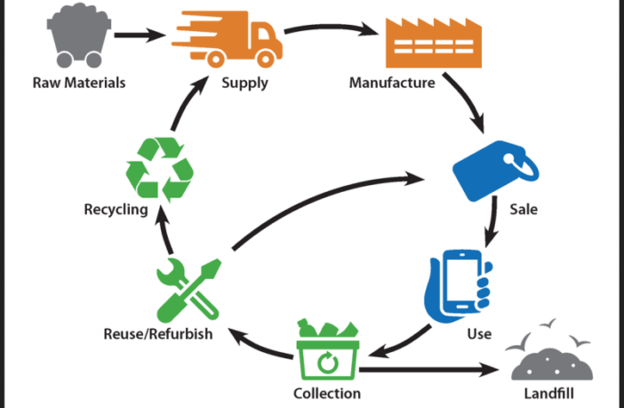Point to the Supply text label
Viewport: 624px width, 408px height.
pyautogui.click(x=244, y=84)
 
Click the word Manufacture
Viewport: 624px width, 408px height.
pyautogui.click(x=392, y=84)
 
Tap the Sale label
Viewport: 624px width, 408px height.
pyautogui.click(x=523, y=211)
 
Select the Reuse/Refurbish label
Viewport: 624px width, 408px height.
pyautogui.click(x=157, y=335)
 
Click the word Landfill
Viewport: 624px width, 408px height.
pyautogui.click(x=556, y=393)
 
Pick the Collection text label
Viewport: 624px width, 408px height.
pyautogui.click(x=327, y=393)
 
